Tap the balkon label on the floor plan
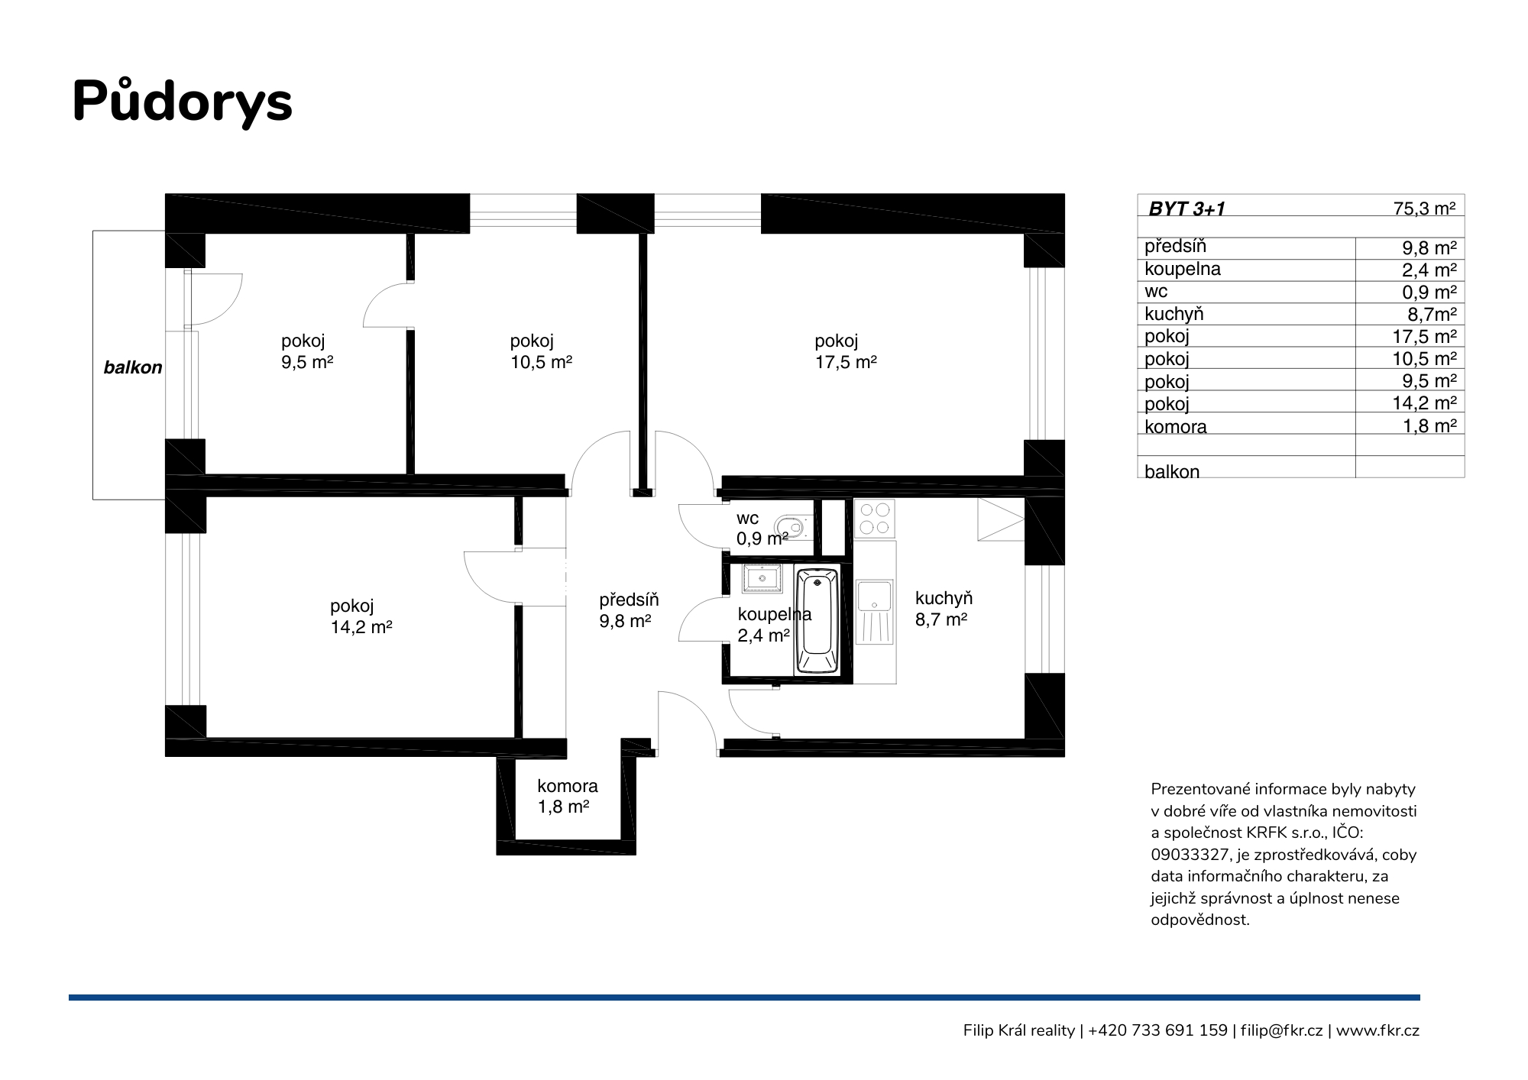(x=133, y=367)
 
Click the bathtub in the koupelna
(x=817, y=620)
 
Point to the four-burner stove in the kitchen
(x=874, y=519)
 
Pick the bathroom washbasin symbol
(x=761, y=579)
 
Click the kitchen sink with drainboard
(x=874, y=612)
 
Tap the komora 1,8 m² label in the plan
(x=567, y=796)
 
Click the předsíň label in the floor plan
(x=629, y=600)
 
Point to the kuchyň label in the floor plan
(x=944, y=599)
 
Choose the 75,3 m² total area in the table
(x=1424, y=208)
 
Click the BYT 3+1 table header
(x=1186, y=209)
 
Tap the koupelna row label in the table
(x=1182, y=270)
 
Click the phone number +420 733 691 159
(x=1157, y=1030)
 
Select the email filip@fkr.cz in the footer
(x=1281, y=1030)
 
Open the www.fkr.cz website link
(x=1377, y=1030)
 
